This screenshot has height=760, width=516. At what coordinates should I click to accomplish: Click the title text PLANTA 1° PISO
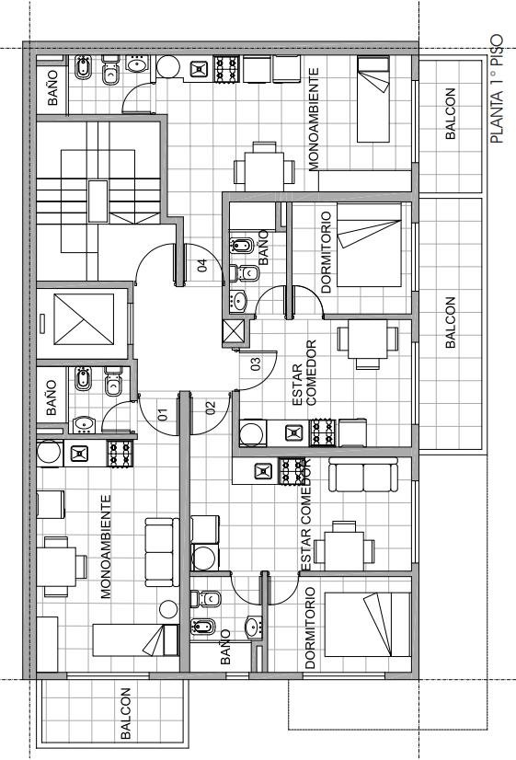(497, 89)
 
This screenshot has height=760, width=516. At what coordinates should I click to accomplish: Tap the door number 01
(163, 414)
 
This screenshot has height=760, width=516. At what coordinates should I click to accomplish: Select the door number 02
(211, 409)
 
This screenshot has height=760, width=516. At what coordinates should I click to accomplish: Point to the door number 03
(256, 363)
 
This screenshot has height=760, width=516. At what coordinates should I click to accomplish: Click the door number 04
(202, 266)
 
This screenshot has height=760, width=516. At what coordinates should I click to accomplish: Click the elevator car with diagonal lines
(84, 319)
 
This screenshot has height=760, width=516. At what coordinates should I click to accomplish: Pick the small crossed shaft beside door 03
(234, 332)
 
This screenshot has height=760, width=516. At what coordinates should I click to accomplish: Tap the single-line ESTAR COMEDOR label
(305, 514)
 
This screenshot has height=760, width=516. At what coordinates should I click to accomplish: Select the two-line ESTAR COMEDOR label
(304, 373)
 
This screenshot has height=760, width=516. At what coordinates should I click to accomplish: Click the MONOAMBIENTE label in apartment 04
(314, 120)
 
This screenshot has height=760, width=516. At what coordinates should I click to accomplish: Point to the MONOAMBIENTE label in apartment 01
(106, 547)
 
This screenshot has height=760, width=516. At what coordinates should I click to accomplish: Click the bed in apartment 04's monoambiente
(373, 99)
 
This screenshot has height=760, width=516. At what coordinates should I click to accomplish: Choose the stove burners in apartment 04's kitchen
(227, 69)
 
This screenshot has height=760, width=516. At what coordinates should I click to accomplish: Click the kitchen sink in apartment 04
(199, 69)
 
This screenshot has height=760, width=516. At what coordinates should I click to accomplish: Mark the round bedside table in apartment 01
(168, 609)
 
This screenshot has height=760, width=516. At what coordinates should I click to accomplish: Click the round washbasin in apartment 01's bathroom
(85, 424)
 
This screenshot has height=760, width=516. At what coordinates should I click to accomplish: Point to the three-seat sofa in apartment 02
(363, 475)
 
